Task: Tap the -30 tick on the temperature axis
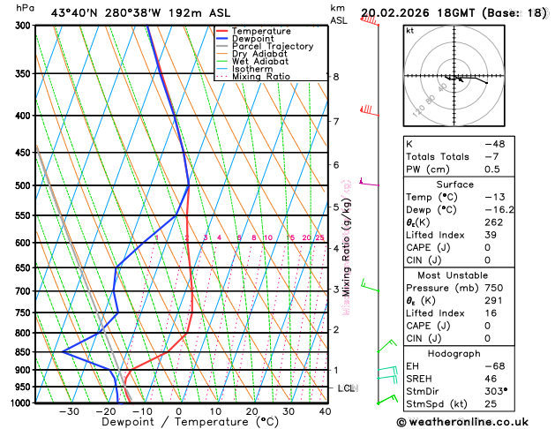(69, 411)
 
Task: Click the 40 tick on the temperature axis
(326, 411)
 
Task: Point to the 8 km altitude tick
(335, 77)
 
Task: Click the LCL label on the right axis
(347, 388)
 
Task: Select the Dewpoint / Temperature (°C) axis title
(176, 423)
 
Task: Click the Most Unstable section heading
(455, 275)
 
